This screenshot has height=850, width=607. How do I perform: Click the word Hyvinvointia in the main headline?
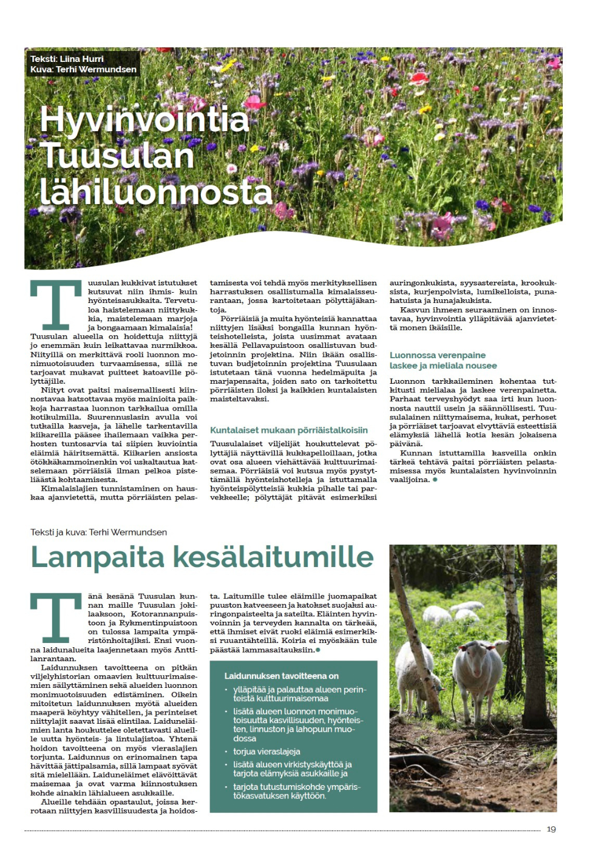pos(144,120)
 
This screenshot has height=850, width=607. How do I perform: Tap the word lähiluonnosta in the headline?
pos(156,192)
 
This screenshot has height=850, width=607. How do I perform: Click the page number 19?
pos(551,829)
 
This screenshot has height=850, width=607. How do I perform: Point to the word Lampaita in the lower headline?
pos(97,557)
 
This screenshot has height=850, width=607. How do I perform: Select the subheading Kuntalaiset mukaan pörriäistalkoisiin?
pos(289,430)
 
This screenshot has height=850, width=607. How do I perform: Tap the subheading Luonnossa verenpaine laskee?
pos(443,360)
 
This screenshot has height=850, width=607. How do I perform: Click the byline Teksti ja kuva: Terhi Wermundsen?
pos(98,532)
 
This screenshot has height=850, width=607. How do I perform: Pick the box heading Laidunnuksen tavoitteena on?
pos(282,676)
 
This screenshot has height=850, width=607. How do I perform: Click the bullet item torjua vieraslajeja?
pos(266,751)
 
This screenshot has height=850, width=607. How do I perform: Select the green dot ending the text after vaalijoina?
pos(435,480)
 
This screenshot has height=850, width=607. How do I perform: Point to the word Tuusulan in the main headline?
pos(117,156)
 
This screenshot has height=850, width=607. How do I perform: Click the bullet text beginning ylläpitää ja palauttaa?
pos(299,694)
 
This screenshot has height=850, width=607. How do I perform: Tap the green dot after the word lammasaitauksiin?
pos(318,650)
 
